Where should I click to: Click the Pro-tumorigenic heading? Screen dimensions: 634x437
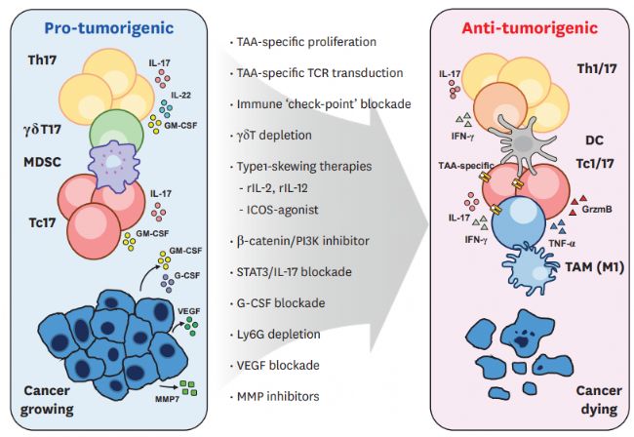(109, 28)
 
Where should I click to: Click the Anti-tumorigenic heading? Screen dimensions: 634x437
(530, 28)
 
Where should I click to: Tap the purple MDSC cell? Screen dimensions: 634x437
(114, 167)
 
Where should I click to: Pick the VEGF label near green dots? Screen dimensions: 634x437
(189, 311)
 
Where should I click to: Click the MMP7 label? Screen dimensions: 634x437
(167, 399)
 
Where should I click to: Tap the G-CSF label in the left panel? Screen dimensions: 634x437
(187, 276)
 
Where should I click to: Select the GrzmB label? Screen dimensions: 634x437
(597, 210)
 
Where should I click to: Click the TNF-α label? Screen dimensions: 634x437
(562, 243)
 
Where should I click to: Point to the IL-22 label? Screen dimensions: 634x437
(180, 96)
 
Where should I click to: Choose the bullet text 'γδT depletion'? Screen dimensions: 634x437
(274, 135)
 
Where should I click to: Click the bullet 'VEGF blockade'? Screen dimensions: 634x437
(278, 366)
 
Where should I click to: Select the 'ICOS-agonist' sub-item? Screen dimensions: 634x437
(283, 210)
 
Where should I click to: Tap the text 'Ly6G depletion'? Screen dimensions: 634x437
(279, 335)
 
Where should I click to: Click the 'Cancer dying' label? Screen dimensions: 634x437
(599, 400)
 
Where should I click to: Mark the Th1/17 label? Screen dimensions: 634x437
(597, 69)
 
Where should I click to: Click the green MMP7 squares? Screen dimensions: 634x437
(188, 388)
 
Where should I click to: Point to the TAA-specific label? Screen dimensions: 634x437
(466, 166)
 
